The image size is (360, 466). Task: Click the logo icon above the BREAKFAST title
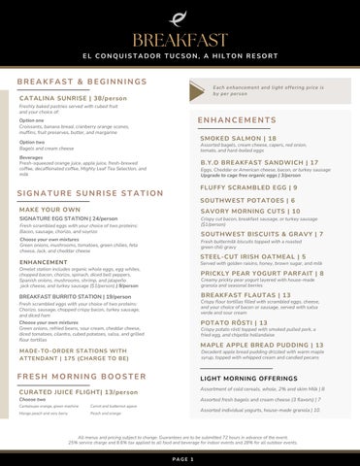[180, 16]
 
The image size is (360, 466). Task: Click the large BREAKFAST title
[180, 38]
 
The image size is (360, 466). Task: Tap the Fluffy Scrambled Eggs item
[247, 186]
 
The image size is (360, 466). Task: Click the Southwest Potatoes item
[241, 200]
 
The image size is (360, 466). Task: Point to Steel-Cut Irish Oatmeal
[252, 256]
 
